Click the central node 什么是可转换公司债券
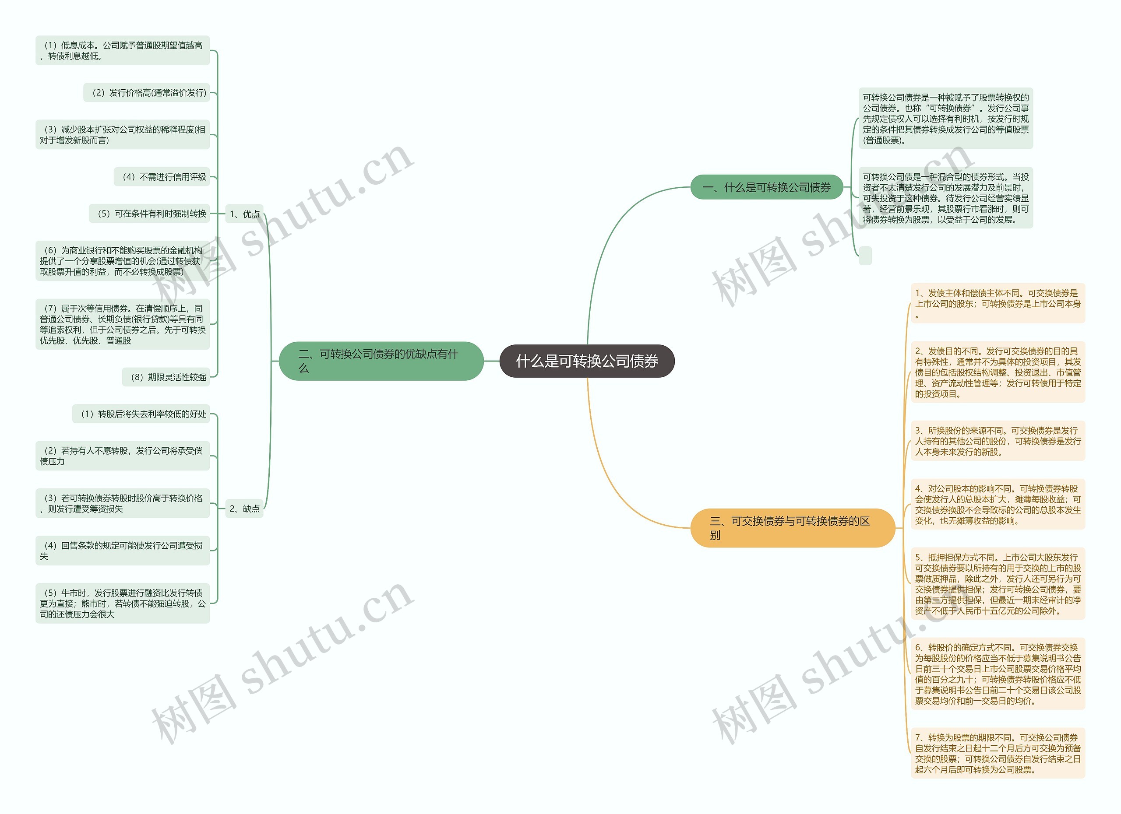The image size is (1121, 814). (587, 361)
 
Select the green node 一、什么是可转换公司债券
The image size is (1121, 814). (766, 187)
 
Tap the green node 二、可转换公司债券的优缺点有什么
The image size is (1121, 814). (381, 361)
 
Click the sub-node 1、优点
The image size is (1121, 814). (244, 214)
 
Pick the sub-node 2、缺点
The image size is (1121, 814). (244, 508)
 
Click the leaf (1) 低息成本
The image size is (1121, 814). (123, 50)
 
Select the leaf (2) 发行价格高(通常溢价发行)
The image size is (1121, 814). (147, 93)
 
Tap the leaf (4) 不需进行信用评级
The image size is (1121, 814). (162, 177)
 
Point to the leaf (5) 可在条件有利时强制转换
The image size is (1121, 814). (150, 214)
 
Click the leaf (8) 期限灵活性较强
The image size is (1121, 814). (166, 377)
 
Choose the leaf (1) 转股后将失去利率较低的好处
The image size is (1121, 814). (141, 414)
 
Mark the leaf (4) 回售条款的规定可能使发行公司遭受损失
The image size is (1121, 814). (123, 551)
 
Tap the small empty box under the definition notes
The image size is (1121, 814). (865, 256)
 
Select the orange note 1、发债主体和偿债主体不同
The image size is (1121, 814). (998, 303)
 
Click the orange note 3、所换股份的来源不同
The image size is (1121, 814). (998, 441)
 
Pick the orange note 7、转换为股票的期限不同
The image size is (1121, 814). (998, 753)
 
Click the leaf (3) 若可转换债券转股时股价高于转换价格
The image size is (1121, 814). (123, 503)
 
